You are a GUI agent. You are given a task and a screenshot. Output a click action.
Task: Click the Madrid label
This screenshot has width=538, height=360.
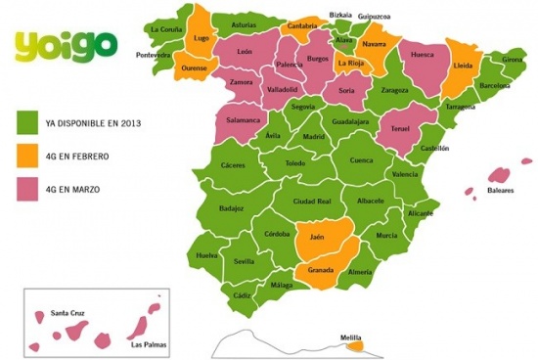[x=313, y=137]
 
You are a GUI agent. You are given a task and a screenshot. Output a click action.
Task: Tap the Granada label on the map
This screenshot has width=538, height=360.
[x=321, y=270]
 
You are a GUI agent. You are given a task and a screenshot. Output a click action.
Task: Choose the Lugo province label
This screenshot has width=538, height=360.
[x=202, y=38]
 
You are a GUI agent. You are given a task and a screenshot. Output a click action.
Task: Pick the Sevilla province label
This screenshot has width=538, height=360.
[x=245, y=261]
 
